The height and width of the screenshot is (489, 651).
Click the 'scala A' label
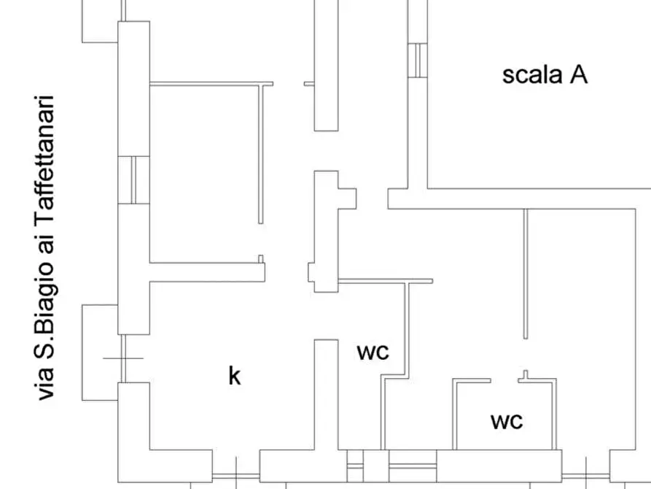point(545,74)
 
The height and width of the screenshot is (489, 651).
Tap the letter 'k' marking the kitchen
point(235,376)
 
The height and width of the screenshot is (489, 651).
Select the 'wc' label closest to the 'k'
point(373,352)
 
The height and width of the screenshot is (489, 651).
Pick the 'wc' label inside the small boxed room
point(507,421)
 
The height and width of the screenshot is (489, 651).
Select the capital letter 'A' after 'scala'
point(578,74)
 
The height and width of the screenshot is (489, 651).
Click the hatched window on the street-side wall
point(133,180)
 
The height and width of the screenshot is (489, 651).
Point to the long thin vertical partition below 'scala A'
point(525,274)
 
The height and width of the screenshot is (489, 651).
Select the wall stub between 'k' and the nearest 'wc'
point(325,394)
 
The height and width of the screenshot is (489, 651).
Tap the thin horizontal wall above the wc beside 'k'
point(386,281)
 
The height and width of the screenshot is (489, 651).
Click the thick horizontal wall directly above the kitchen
point(207,272)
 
